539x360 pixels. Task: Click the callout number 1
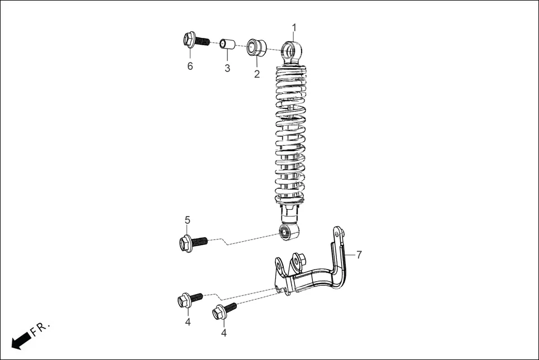coord(294,27)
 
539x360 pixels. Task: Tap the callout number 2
coord(257,74)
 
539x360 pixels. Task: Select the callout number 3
coord(227,68)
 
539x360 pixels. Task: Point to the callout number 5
coord(188,220)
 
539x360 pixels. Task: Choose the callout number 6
coord(190,66)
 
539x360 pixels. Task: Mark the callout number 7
coord(359,255)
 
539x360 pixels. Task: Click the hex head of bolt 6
coord(189,39)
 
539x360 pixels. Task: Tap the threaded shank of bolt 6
coord(203,41)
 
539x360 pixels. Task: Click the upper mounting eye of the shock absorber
coord(291,51)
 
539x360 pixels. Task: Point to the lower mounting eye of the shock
coord(288,232)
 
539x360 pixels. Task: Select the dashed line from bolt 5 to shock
coord(246,239)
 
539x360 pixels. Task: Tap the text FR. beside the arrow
coord(41,329)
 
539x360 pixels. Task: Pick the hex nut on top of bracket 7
coord(299,260)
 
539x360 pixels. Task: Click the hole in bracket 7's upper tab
coord(337,232)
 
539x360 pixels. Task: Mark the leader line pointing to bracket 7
coord(351,255)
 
